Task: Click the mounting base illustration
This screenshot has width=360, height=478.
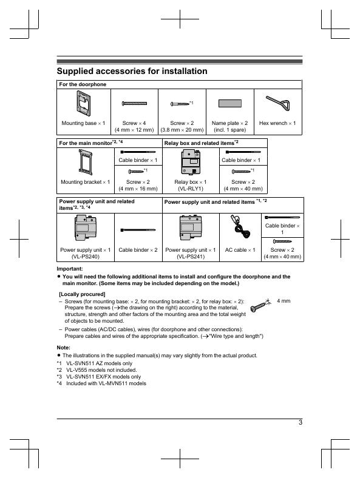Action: point(83,104)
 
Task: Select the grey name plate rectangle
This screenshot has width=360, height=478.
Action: point(230,103)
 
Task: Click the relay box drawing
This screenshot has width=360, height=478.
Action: point(191,162)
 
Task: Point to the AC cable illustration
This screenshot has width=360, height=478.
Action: point(240,227)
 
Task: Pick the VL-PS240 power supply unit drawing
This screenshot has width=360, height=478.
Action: point(86,227)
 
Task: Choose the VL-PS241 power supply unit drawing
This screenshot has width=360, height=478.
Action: point(191,227)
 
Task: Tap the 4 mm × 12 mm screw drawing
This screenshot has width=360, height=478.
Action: point(134,103)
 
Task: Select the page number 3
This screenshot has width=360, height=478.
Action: point(301,422)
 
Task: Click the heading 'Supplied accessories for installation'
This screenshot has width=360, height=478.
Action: point(132,71)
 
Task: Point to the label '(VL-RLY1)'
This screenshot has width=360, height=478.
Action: point(191,189)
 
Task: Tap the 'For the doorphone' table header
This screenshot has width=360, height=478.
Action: point(83,84)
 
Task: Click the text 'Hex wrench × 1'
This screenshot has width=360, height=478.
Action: point(277,123)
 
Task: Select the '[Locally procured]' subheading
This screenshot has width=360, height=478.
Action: point(82,294)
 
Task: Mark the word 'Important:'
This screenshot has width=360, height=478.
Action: point(70,269)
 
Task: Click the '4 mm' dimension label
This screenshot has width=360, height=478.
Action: point(284,301)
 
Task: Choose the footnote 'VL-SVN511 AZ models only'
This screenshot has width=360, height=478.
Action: point(99,363)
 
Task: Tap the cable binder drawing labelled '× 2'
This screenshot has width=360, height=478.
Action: point(138,230)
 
